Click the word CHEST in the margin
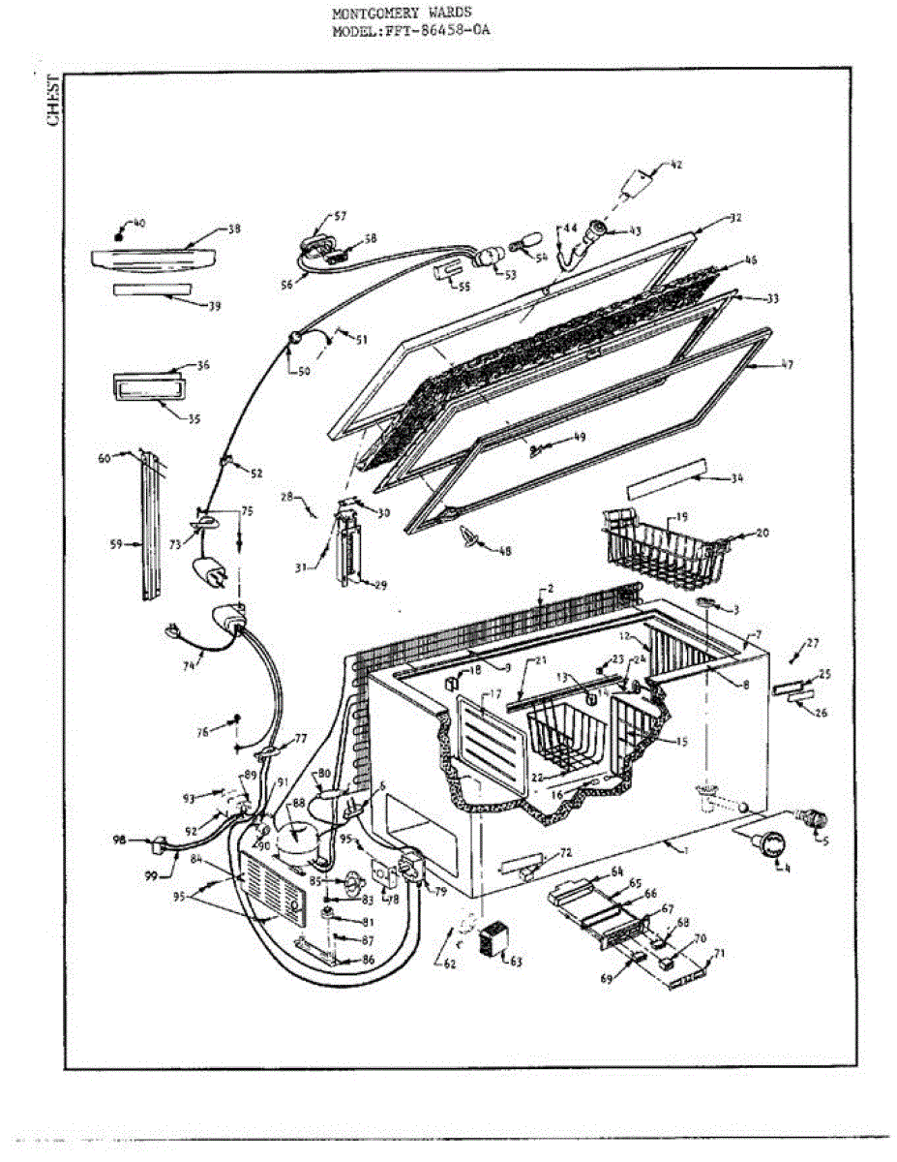[53, 101]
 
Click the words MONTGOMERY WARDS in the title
[402, 15]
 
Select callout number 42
[675, 165]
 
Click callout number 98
[119, 840]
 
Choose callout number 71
[718, 954]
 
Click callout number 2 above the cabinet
[550, 588]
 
